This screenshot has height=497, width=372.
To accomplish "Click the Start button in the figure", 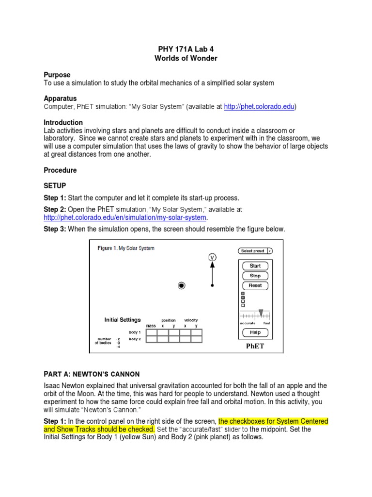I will point(255,266).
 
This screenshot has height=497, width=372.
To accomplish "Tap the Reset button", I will point(255,285).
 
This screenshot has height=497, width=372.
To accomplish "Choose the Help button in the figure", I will point(255,332).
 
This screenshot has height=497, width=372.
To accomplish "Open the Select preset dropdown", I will point(255,251).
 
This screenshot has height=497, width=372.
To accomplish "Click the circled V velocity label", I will point(212,257).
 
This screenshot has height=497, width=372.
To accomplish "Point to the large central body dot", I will point(182,286).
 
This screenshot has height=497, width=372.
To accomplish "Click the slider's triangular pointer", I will point(261,313).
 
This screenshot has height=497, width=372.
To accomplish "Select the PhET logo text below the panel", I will point(255,347).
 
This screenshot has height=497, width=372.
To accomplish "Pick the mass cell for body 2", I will point(151,339).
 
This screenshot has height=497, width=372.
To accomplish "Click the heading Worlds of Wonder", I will point(186,59).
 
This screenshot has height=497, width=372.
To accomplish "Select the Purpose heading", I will point(57,75).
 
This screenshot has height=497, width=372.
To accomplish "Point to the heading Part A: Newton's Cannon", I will point(92,374).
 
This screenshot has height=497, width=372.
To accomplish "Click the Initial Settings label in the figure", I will point(123,320).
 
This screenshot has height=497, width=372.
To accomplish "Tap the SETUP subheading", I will point(55,186).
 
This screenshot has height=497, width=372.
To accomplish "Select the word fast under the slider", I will point(267,323).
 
